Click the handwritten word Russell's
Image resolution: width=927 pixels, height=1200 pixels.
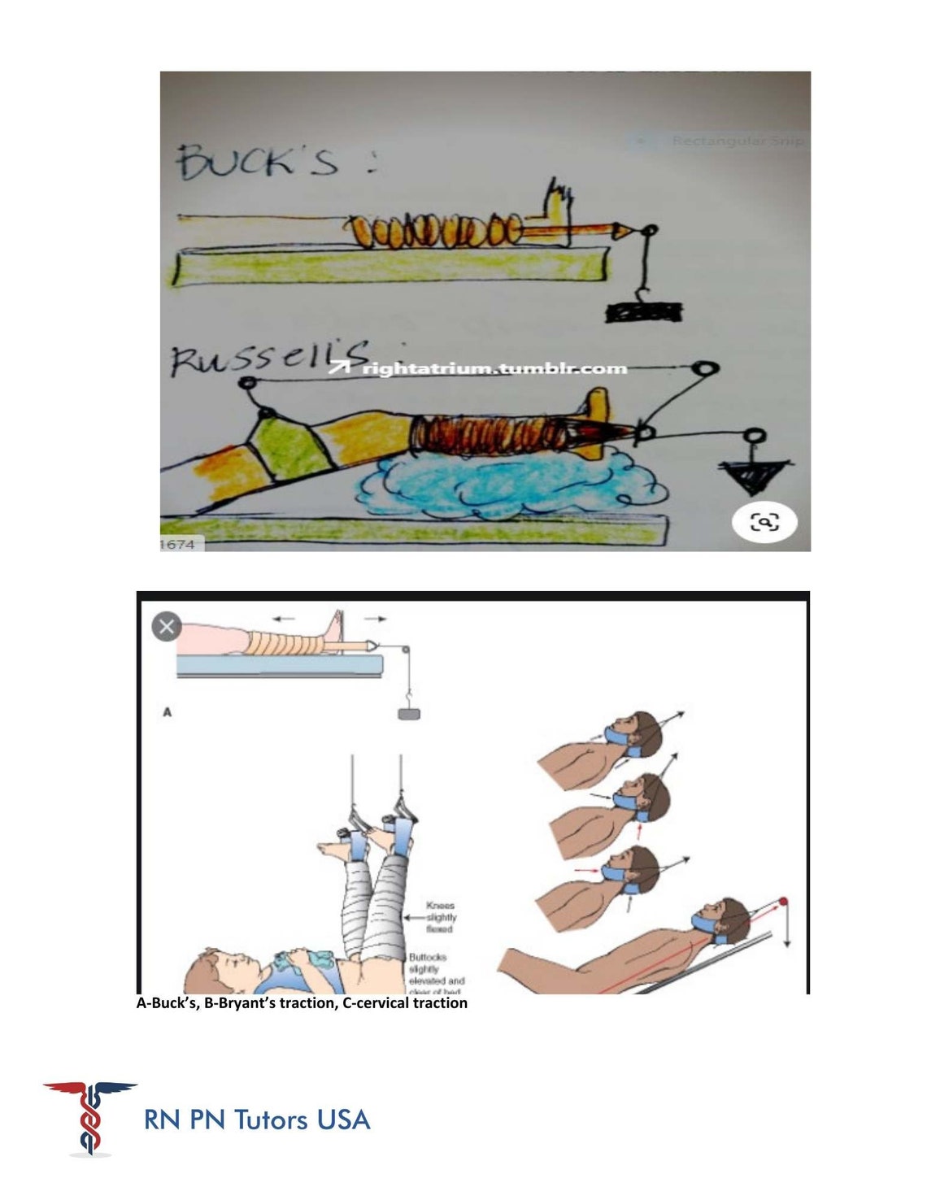coord(268,359)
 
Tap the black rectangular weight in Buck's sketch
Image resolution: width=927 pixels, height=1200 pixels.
coord(643,311)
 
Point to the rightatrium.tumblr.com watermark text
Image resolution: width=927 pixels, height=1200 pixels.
coord(494,369)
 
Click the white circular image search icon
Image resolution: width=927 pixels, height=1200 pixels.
coord(764,522)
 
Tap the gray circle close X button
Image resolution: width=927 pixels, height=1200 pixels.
coord(167,627)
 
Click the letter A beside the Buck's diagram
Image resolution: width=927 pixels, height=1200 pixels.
coord(168,712)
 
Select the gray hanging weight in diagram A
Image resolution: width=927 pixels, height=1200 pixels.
coord(408,714)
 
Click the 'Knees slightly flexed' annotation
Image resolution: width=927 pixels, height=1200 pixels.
coord(439,917)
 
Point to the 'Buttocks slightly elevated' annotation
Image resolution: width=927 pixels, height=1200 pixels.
coord(437,973)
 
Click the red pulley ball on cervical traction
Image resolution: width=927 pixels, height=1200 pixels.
coord(783,902)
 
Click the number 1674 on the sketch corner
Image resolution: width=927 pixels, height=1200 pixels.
coord(178,545)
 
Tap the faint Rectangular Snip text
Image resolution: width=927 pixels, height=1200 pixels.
coord(737,141)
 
